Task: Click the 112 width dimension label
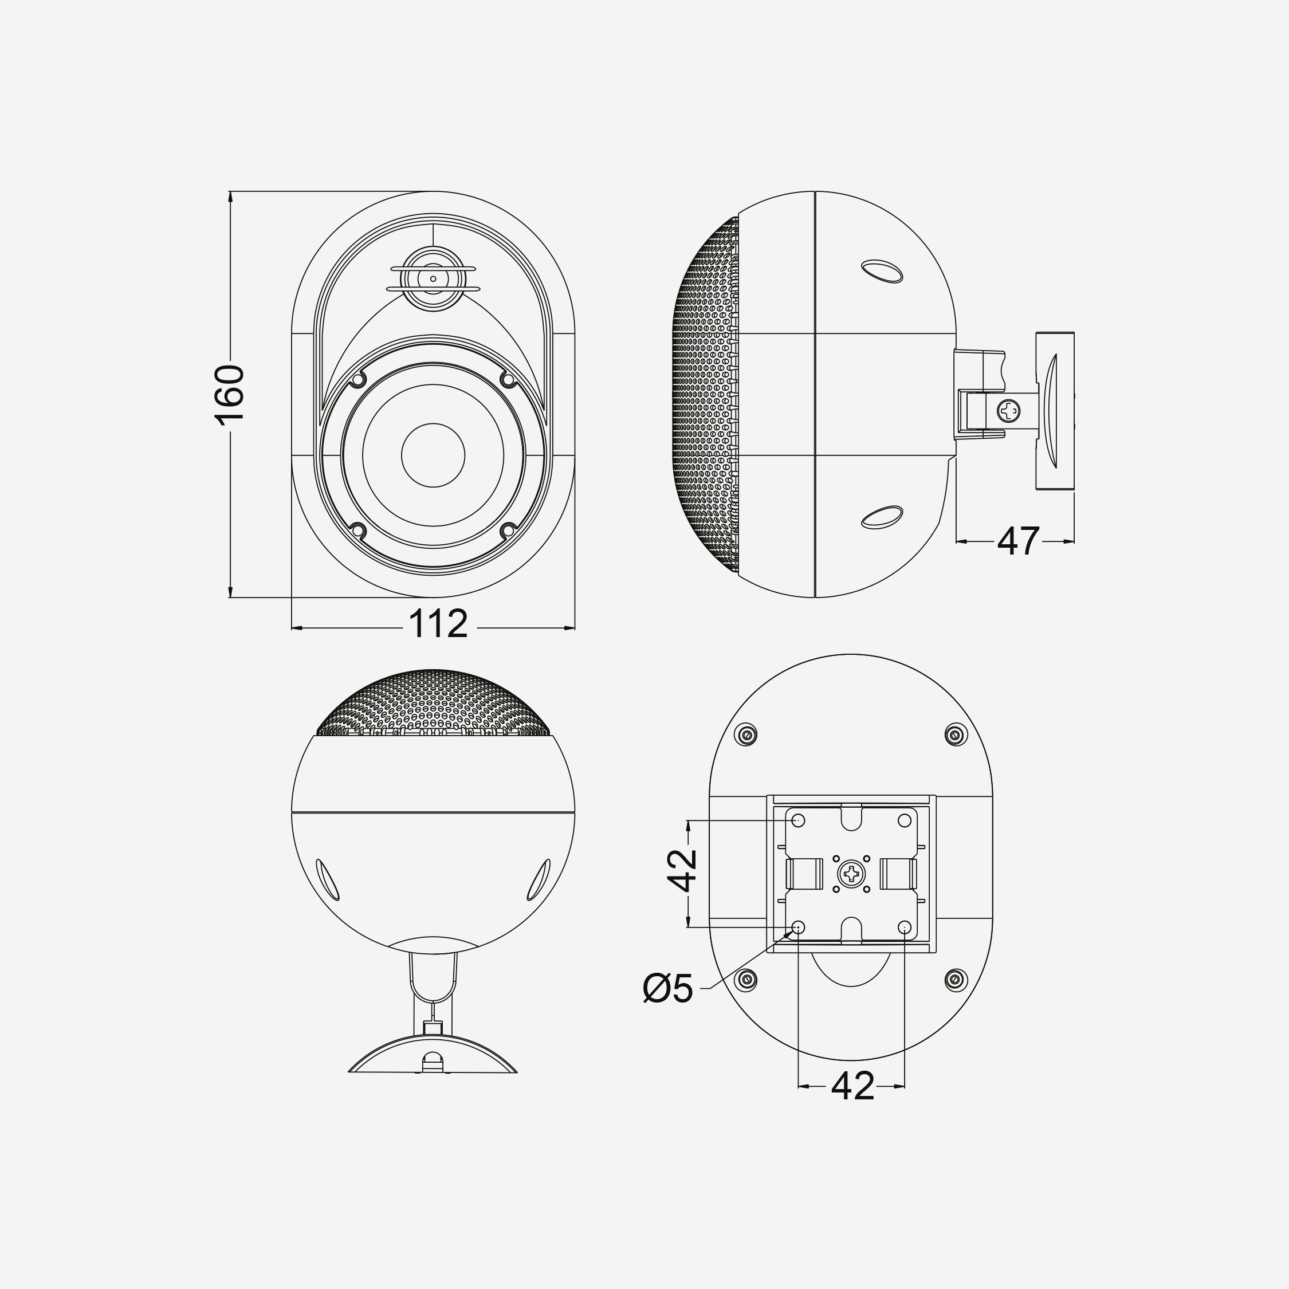(438, 624)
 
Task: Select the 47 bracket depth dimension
(1018, 541)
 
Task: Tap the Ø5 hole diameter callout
(668, 988)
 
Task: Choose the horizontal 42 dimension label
(852, 1086)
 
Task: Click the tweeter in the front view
(433, 278)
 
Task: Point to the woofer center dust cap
(433, 455)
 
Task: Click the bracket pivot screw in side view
(1009, 410)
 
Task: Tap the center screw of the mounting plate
(851, 873)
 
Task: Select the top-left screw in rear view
(746, 735)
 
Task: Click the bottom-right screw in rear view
(956, 980)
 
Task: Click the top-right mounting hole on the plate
(905, 820)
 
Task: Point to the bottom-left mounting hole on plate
(799, 927)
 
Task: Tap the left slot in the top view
(327, 879)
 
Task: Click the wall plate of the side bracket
(1055, 411)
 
